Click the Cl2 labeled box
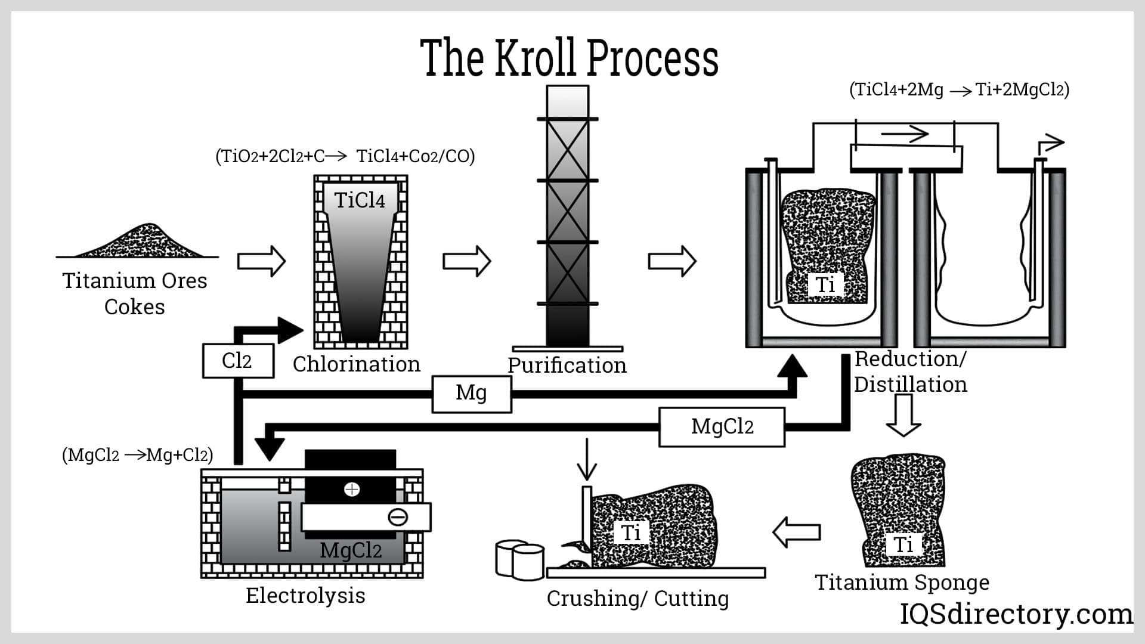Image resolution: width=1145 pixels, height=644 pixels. tap(238, 361)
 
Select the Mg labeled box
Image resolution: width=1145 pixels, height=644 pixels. tap(471, 394)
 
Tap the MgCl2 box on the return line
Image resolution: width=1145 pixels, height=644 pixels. tap(722, 427)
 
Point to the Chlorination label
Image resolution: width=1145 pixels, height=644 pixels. tap(356, 364)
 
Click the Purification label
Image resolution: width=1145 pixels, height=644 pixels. tap(567, 366)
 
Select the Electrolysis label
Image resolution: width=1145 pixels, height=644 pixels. tap(305, 596)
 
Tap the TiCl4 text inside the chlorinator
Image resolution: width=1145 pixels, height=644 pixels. tap(360, 200)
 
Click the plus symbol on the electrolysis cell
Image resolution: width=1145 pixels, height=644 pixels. tap(352, 490)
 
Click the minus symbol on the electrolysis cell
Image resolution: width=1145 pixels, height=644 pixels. tap(398, 517)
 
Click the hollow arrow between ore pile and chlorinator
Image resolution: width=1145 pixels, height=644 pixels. tap(261, 261)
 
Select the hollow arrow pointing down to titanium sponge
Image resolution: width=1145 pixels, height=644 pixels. tap(903, 415)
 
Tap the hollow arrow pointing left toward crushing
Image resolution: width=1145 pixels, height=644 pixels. tap(797, 531)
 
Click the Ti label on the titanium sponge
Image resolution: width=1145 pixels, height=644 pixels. tap(903, 544)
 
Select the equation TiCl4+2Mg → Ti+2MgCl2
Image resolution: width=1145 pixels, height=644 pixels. tap(959, 90)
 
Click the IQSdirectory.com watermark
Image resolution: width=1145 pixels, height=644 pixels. tap(1016, 614)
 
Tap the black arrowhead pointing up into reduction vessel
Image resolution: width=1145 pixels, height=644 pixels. tap(793, 366)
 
